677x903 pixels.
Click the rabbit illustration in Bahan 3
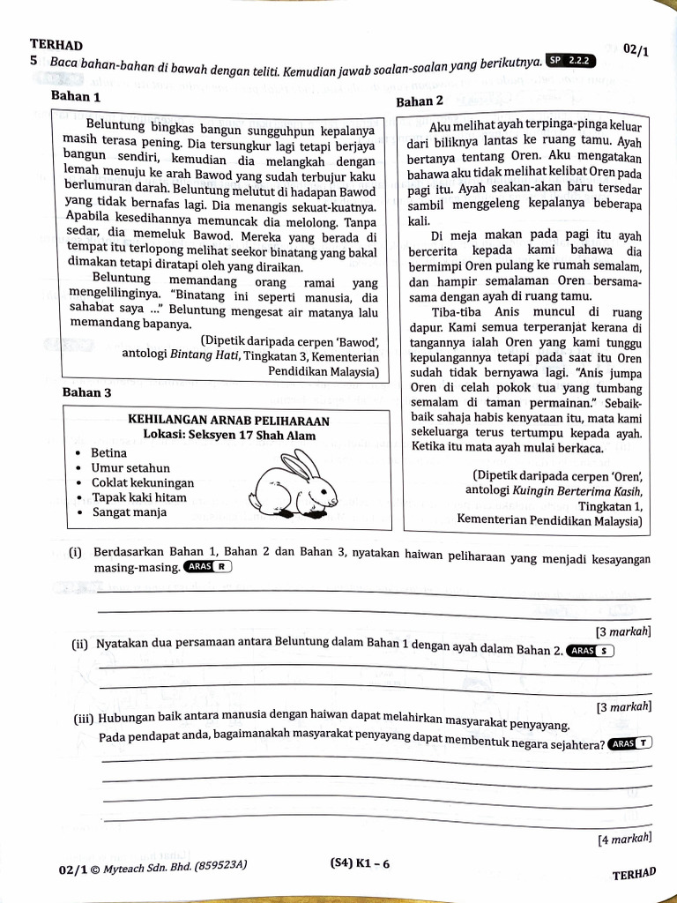coord(294,486)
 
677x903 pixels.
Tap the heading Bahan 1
coord(76,96)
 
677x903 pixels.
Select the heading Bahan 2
coord(420,101)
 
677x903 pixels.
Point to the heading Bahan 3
coord(86,392)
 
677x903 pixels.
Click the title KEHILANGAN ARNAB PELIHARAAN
coord(228,421)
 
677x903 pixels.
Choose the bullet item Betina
coord(109,453)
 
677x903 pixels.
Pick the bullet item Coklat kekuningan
coord(142,483)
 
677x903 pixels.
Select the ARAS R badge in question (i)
coord(208,567)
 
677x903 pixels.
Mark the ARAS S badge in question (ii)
coord(591,651)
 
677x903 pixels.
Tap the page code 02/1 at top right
coord(635,50)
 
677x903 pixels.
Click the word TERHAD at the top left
coord(56,45)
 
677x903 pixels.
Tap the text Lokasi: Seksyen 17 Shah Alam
coord(229,436)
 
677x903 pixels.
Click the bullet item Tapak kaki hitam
coord(138,498)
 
